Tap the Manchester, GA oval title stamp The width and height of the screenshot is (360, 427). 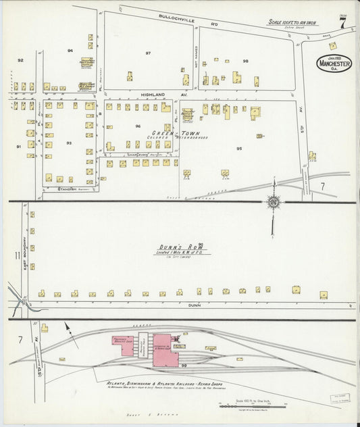pos(334,64)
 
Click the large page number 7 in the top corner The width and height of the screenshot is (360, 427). pos(343,22)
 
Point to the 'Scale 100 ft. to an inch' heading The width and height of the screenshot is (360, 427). pos(292,22)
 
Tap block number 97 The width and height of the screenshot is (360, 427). pos(148,53)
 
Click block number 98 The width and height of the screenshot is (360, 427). pos(245,61)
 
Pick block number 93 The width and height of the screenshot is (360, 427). pos(69,143)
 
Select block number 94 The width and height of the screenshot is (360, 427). pos(70,51)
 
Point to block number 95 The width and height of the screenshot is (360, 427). pos(239,148)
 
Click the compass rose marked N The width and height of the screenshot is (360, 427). pos(274,201)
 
